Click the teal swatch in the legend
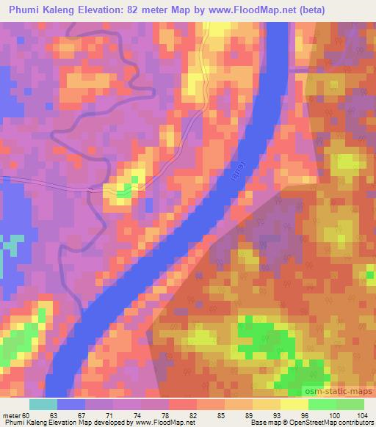[43, 404]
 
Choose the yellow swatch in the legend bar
[293, 404]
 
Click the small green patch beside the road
[123, 191]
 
